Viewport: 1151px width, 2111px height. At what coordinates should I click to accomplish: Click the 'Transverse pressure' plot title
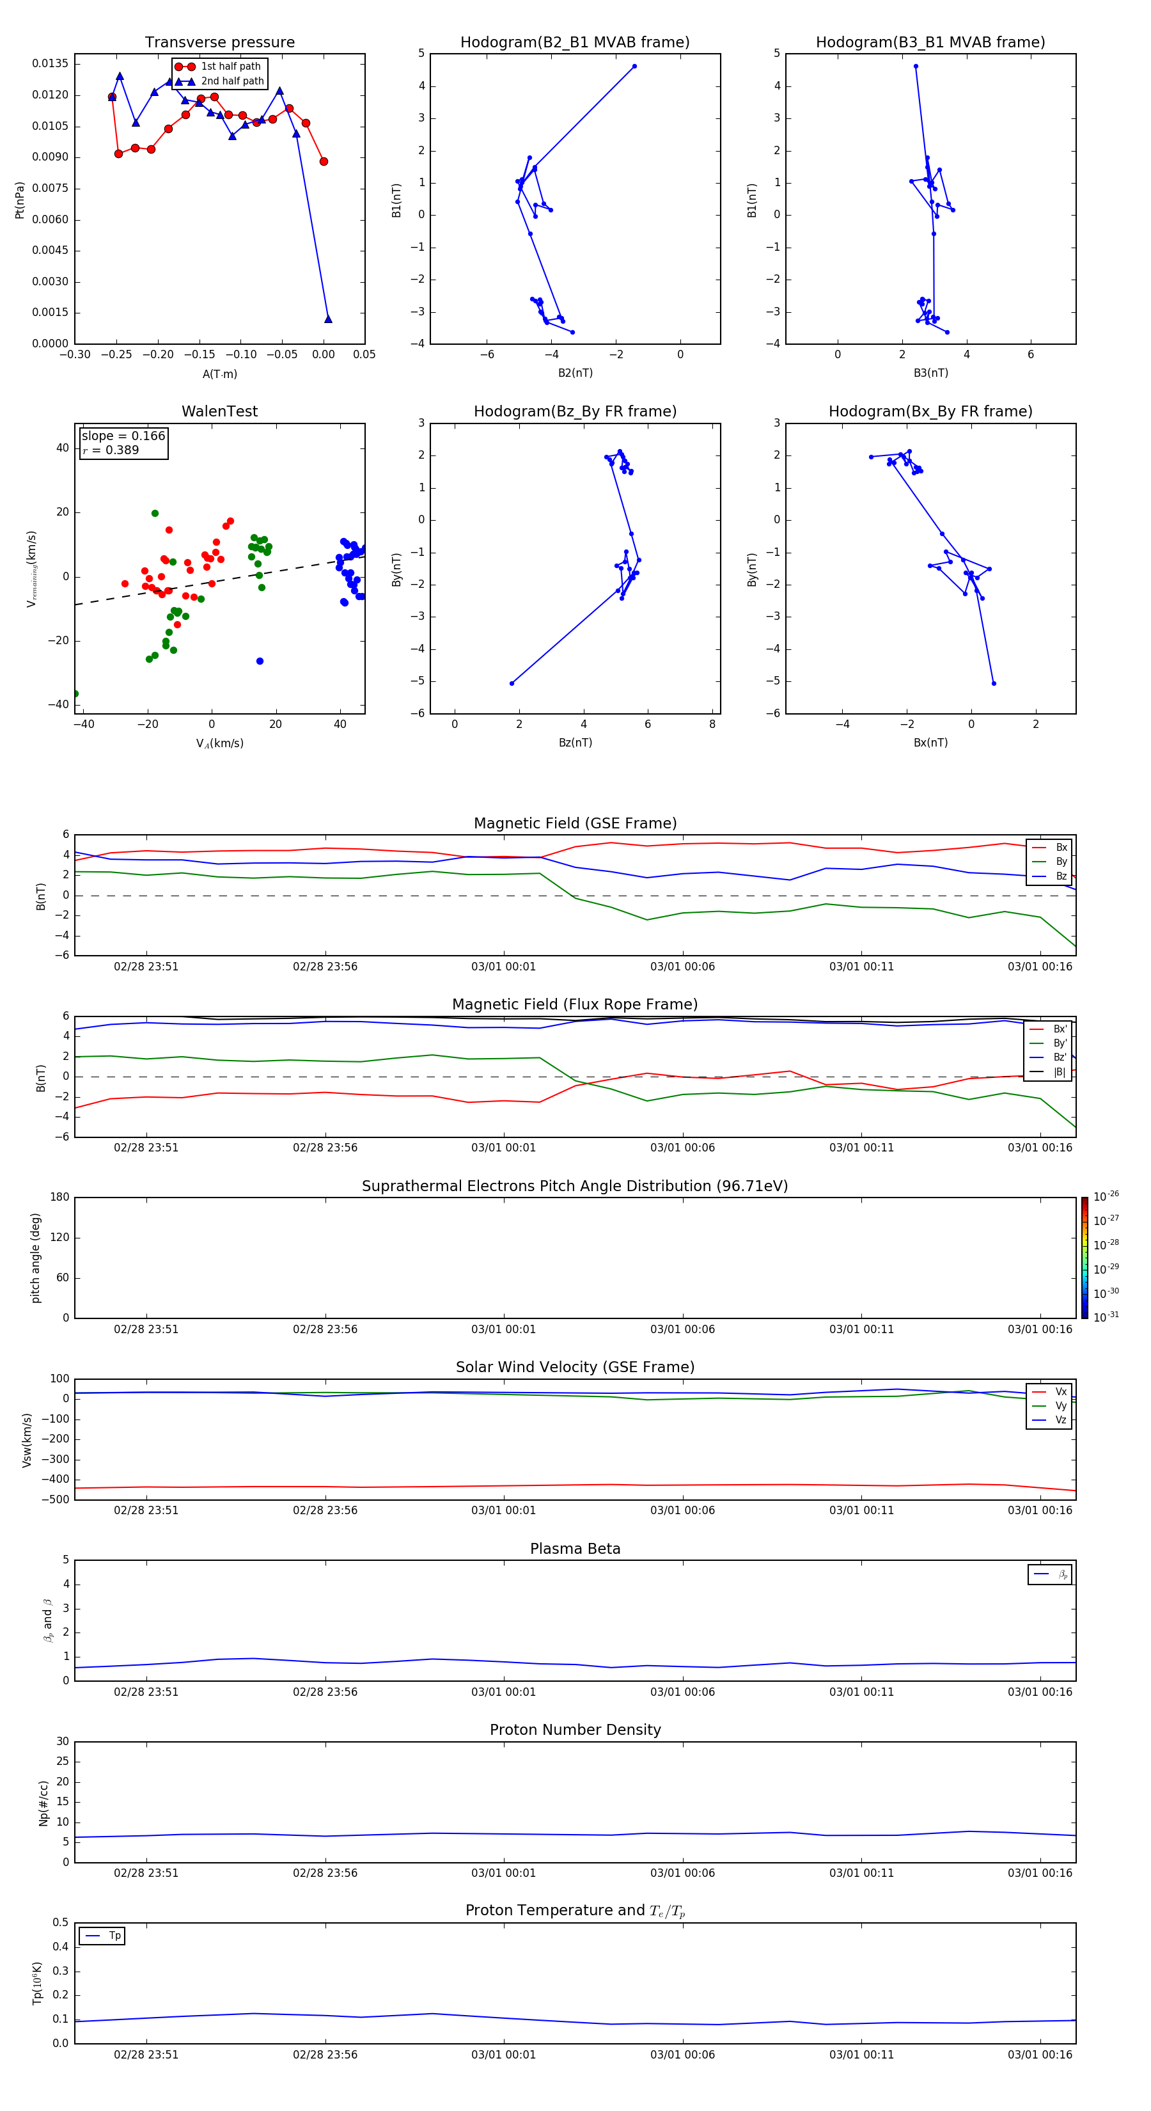coord(219,43)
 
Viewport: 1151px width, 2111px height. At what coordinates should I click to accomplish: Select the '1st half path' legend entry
coord(230,67)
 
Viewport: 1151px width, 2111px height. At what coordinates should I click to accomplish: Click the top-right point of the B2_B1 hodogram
coord(634,67)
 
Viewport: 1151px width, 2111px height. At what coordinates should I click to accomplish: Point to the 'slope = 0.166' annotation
coord(123,436)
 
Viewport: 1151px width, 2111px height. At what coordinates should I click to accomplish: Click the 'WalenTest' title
coord(219,411)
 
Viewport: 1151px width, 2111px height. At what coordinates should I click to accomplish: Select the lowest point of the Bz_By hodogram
coord(512,683)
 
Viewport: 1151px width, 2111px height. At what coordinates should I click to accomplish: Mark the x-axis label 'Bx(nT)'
coord(930,743)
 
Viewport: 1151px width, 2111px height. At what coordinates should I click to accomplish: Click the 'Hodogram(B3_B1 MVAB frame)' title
coord(930,43)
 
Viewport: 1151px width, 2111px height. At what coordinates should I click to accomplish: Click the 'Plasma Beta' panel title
coord(575,1549)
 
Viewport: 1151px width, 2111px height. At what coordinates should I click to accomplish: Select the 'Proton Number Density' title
coord(575,1730)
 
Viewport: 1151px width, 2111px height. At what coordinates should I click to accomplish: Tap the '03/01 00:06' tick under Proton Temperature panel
coord(682,2055)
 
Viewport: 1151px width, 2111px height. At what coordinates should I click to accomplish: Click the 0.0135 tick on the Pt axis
coord(50,64)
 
